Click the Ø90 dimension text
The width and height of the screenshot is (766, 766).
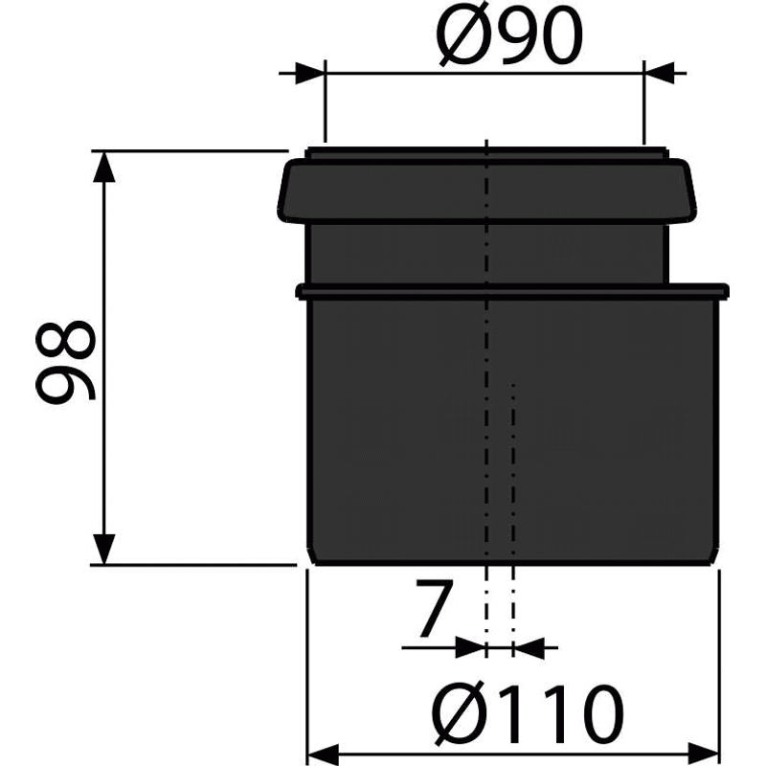pos(509,40)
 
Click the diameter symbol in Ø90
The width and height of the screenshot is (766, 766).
pos(459,40)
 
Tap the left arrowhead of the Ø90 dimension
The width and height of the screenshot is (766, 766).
pos(310,72)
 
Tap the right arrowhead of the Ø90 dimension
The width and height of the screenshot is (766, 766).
pos(659,72)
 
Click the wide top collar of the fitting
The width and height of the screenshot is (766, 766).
pos(402,191)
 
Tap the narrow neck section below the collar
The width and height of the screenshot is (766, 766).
pos(402,254)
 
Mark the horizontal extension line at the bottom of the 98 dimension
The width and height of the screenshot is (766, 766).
pos(191,565)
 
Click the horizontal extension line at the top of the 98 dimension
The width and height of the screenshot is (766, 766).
pos(191,149)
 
